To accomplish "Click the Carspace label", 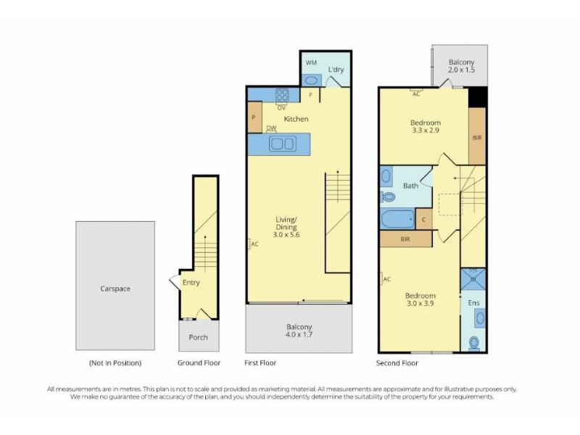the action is [x=115, y=289].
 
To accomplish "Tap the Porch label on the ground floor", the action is [x=198, y=337].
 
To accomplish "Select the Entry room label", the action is [x=191, y=283].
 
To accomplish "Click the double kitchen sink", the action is [x=283, y=144].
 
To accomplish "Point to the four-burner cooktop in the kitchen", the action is [x=282, y=95].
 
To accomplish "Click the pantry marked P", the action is [x=254, y=117].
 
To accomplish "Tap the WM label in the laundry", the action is [x=311, y=62].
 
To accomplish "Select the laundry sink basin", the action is [x=312, y=80].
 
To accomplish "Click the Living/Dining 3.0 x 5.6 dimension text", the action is [x=286, y=234].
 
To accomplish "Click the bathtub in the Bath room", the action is [x=397, y=220].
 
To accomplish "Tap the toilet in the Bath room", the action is [x=388, y=196].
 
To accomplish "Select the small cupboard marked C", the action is [x=424, y=220].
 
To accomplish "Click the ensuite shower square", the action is [x=473, y=279].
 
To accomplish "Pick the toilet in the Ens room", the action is [x=474, y=342].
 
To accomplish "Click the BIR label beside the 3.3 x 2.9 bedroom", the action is [x=477, y=138].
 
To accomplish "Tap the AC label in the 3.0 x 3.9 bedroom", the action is [x=387, y=279].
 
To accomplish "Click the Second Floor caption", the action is [x=397, y=363].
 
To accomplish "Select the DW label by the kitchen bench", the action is [x=271, y=128].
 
